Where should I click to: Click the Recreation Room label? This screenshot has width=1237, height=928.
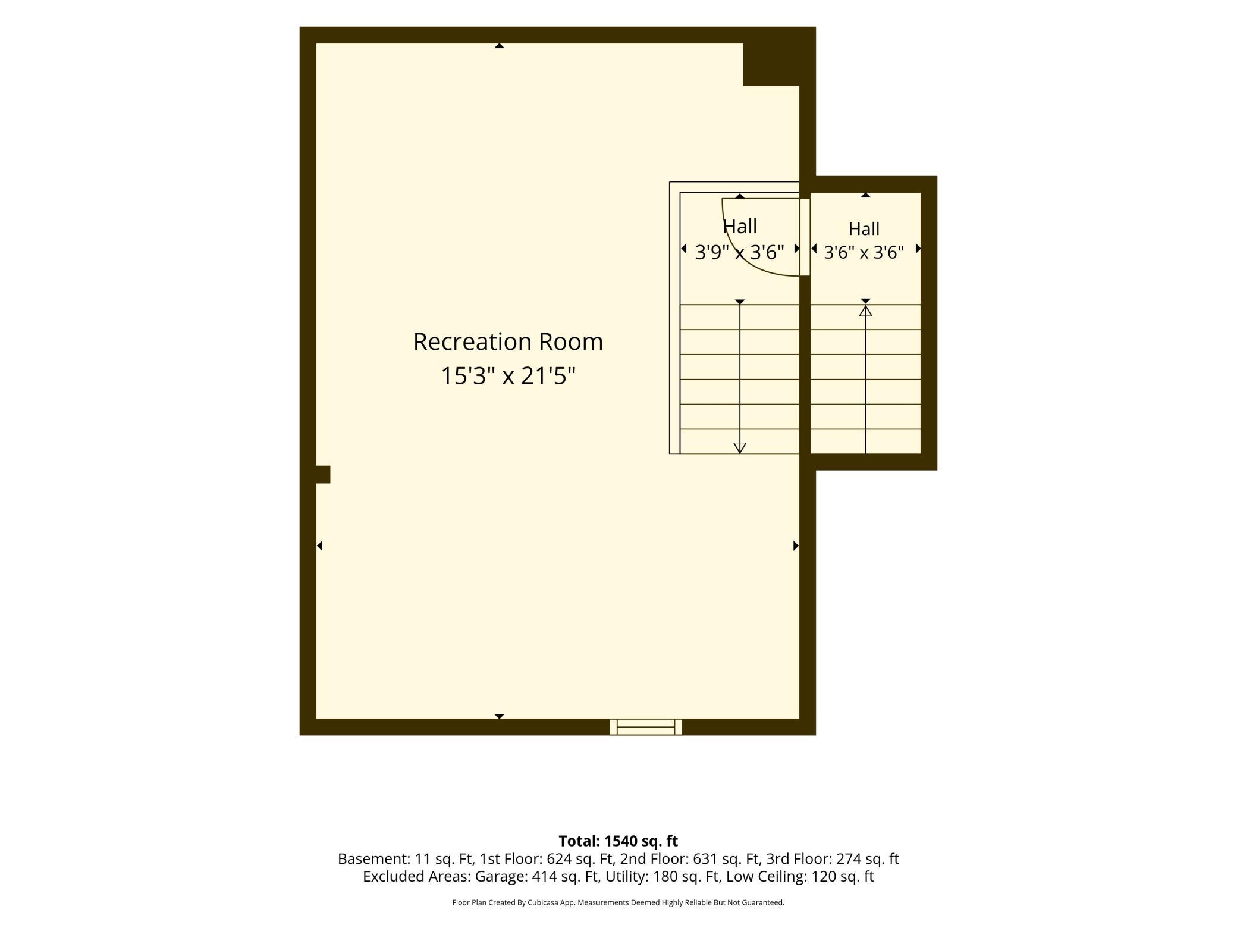point(508,342)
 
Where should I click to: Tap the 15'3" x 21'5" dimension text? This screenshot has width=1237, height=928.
point(508,376)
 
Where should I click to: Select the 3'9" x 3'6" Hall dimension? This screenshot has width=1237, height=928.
point(740,252)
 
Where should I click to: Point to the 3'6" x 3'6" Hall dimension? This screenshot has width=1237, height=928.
point(864,253)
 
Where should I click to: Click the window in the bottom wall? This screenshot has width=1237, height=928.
point(646,727)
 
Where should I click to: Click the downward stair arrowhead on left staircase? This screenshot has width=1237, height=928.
point(740,448)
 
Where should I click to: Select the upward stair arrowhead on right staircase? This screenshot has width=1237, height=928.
point(865,311)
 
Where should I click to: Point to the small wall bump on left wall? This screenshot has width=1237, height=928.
point(323,475)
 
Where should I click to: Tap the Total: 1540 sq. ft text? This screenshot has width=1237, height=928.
point(618,841)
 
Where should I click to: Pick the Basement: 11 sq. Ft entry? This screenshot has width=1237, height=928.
point(405,859)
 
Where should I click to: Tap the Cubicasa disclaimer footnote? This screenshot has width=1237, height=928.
point(618,902)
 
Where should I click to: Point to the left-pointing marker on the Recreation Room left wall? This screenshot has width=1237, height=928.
point(319,545)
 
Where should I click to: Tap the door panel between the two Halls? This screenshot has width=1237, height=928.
point(805,237)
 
